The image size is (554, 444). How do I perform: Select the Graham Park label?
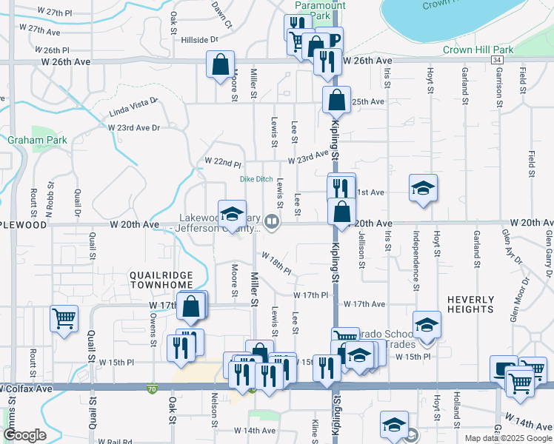(x=38, y=140)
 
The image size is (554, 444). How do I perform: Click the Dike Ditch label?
(x=256, y=179)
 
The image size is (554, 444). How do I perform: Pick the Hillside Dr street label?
(x=200, y=40)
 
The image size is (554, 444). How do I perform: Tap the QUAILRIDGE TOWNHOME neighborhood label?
(x=161, y=280)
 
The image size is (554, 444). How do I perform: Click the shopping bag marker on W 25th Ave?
(x=336, y=99)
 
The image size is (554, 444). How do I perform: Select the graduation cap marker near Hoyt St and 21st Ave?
(x=423, y=187)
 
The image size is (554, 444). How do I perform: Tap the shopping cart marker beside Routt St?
(x=64, y=319)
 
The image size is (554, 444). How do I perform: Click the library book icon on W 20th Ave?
(x=272, y=222)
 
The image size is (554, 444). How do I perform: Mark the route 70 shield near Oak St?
(x=153, y=388)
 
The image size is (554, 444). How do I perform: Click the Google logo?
(x=24, y=435)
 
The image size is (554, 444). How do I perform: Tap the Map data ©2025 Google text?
(x=507, y=437)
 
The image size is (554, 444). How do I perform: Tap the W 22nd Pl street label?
(x=224, y=162)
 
